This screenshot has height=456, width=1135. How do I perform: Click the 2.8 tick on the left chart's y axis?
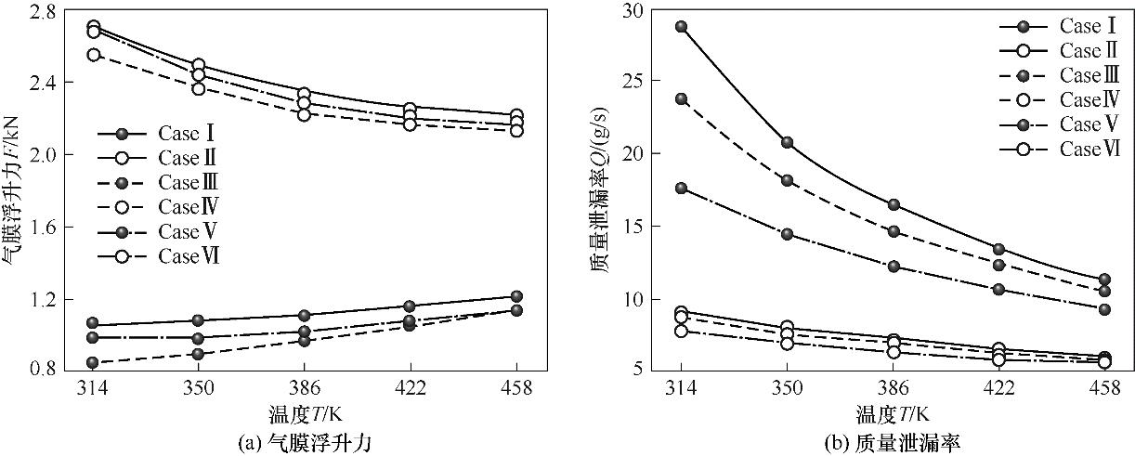[43, 11]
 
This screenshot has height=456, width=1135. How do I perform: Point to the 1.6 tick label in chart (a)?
[43, 228]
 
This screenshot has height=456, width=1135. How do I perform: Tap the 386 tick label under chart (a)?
[305, 389]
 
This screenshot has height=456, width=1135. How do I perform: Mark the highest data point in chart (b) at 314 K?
[681, 27]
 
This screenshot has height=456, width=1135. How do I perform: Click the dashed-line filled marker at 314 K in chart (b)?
[681, 98]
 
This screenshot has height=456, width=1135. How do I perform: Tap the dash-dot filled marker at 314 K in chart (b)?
[681, 188]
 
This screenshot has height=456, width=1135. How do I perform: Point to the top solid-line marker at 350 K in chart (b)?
[787, 142]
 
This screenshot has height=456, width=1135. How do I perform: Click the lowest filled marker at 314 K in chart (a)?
[94, 362]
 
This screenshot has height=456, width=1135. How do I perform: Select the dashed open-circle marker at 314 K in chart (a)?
[94, 55]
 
